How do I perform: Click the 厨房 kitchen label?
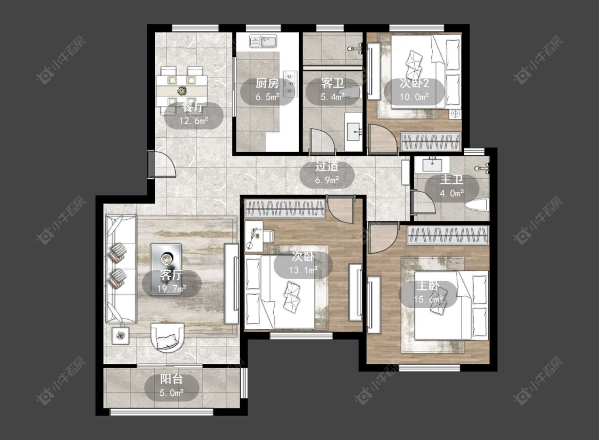tap(267, 83)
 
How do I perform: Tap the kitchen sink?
tap(263, 41)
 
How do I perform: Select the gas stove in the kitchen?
tap(290, 84)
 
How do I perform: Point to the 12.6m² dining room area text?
tap(194, 121)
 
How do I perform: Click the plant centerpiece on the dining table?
tap(182, 91)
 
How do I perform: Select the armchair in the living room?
tap(167, 337)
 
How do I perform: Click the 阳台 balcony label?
tap(171, 379)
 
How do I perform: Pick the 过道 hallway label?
tap(327, 167)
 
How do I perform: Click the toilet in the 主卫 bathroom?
tap(477, 204)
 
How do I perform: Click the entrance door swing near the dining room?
tap(162, 164)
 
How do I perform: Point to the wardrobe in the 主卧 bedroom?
tap(448, 235)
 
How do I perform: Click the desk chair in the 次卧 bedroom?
tap(268, 236)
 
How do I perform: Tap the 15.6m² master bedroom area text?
tap(428, 300)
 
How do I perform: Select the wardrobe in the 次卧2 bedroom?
tap(431, 142)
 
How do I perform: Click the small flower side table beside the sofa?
tap(121, 336)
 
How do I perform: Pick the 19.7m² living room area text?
tap(172, 289)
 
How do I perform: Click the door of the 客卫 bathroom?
tap(321, 140)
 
